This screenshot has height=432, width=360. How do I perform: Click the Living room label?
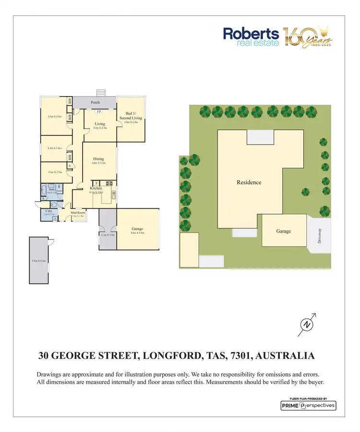coord(99,123)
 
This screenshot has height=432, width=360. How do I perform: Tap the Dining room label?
coord(98,159)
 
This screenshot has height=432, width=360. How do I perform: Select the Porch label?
coord(96,102)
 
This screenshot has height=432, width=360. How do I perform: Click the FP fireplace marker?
coord(99,112)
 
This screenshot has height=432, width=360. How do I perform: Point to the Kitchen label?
coord(96,188)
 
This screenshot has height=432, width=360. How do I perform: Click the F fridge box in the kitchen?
coord(96,183)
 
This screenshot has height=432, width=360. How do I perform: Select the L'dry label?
coord(48,211)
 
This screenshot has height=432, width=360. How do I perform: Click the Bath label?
coord(52,190)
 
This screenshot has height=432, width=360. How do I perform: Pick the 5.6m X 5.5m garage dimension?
coord(137,233)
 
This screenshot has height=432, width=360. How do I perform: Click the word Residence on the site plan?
coord(249,182)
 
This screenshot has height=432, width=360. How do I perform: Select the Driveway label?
coord(319,235)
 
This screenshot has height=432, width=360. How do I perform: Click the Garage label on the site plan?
coord(283,231)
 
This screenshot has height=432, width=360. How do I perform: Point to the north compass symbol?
coord(307,325)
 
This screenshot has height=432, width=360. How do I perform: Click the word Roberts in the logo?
coord(251,34)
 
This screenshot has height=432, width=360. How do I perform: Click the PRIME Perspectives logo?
coord(308,406)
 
